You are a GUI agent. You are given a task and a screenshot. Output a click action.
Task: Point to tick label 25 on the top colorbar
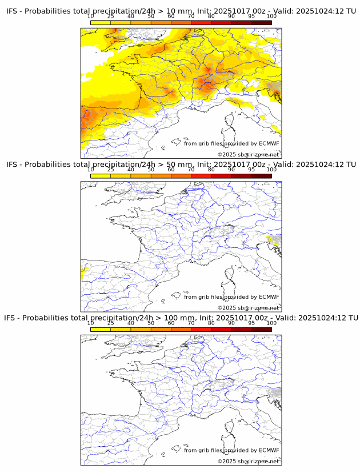[x=110, y=17]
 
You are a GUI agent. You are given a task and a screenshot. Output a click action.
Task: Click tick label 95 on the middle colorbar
[x=251, y=170]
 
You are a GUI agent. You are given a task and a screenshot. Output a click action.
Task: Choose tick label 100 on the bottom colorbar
[x=271, y=323]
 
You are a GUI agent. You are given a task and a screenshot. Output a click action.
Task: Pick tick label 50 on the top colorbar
[x=151, y=17]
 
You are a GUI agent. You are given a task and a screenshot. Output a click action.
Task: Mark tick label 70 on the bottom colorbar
[x=191, y=323]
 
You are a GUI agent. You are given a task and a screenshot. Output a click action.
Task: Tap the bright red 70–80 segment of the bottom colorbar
[x=201, y=329]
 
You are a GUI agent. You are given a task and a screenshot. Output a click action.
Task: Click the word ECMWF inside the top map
[x=269, y=143]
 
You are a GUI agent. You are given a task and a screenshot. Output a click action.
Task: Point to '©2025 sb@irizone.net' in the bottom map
[x=248, y=461]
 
